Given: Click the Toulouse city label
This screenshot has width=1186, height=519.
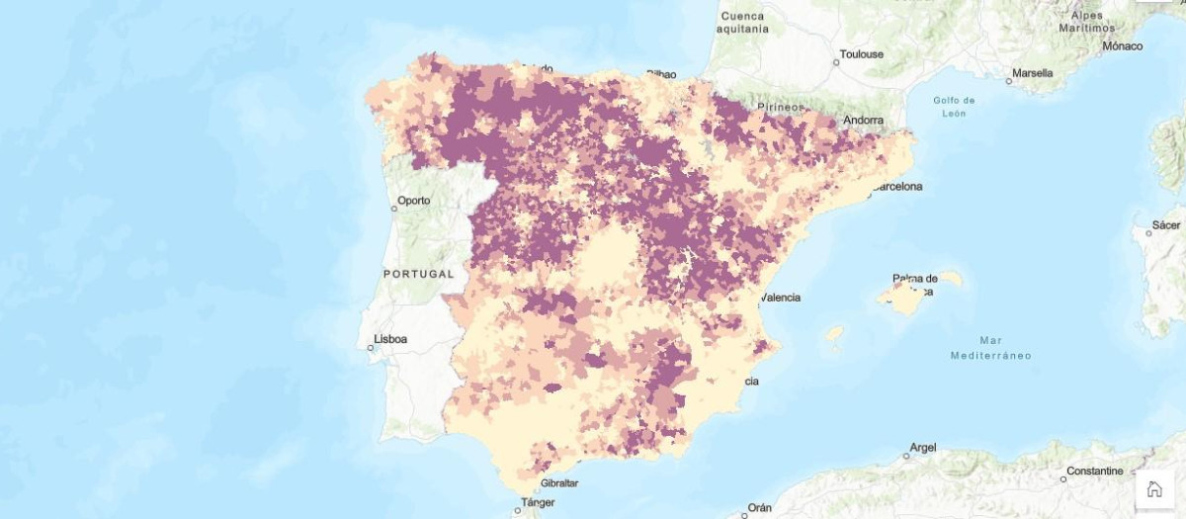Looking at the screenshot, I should pyautogui.click(x=861, y=54).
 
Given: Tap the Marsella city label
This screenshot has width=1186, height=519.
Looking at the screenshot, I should pyautogui.click(x=1032, y=73).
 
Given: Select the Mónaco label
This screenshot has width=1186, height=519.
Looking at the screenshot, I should pyautogui.click(x=1123, y=46).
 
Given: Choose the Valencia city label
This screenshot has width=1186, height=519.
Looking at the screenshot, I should pyautogui.click(x=781, y=297).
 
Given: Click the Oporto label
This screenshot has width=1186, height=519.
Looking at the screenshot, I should pyautogui.click(x=413, y=201).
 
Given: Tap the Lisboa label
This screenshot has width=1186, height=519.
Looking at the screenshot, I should pyautogui.click(x=390, y=339).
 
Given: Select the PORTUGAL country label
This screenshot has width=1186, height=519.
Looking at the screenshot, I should pyautogui.click(x=418, y=274).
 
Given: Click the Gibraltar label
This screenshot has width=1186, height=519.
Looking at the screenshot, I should pyautogui.click(x=559, y=483).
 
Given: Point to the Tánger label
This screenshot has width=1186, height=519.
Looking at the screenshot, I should pyautogui.click(x=538, y=502).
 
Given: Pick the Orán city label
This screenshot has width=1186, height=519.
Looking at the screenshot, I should pyautogui.click(x=759, y=507).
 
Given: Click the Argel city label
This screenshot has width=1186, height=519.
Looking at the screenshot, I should pyautogui.click(x=922, y=448).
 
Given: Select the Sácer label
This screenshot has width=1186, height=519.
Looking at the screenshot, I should pyautogui.click(x=1166, y=225).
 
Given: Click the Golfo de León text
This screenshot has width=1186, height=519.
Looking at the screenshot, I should pyautogui.click(x=954, y=107).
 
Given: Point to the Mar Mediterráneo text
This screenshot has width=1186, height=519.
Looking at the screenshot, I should pyautogui.click(x=990, y=347).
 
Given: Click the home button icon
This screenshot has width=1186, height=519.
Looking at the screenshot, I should pyautogui.click(x=1153, y=488).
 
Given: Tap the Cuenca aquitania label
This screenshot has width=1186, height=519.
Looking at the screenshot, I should pyautogui.click(x=744, y=23).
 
